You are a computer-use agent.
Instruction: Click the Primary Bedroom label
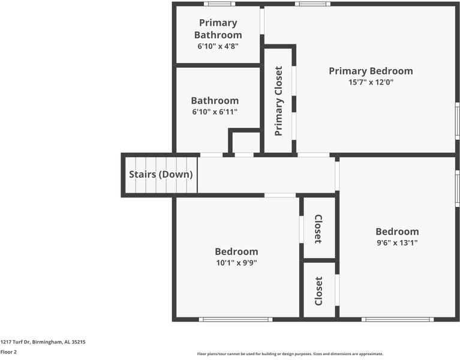click(x=371, y=71)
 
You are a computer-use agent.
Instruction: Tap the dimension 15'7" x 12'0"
click(x=371, y=83)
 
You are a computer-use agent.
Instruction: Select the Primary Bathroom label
click(x=218, y=29)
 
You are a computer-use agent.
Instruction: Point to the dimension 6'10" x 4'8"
click(x=218, y=46)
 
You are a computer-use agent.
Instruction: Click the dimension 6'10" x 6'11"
click(x=215, y=112)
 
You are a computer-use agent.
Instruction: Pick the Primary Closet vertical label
click(x=278, y=101)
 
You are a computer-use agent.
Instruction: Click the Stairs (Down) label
click(x=161, y=175)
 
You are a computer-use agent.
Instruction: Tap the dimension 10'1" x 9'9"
click(x=236, y=263)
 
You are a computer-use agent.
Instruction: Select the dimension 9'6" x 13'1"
click(x=397, y=243)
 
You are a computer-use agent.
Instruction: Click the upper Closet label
click(x=318, y=229)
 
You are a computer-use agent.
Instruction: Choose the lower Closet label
click(x=318, y=290)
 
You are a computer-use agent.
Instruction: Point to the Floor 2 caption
click(x=8, y=352)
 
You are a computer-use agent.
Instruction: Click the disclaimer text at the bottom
click(x=290, y=354)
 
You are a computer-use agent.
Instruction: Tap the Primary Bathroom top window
click(x=219, y=4)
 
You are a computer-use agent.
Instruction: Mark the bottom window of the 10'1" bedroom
click(x=236, y=319)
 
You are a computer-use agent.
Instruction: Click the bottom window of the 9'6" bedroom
click(x=397, y=319)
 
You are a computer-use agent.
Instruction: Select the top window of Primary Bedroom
click(x=312, y=4)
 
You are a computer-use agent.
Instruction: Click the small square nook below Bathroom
click(x=246, y=143)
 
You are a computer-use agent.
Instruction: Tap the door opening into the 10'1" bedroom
click(x=280, y=195)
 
